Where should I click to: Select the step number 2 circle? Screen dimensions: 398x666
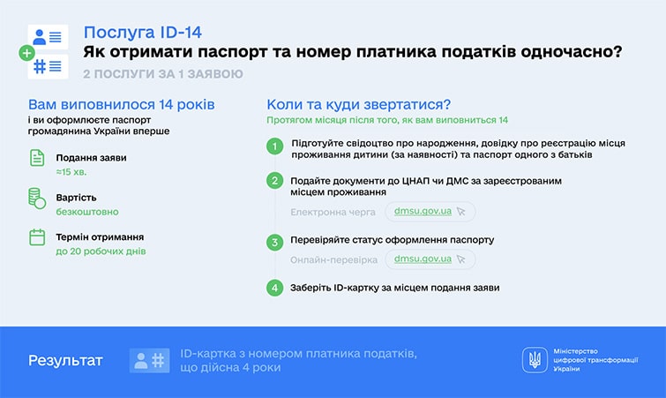click(275, 181)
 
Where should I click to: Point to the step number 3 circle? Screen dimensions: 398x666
click(275, 240)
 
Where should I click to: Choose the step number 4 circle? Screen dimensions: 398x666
click(275, 288)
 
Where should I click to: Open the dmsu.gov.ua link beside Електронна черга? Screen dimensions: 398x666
click(423, 212)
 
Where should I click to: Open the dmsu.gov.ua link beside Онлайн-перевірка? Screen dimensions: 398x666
click(423, 259)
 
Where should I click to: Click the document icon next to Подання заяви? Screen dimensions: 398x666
click(37, 159)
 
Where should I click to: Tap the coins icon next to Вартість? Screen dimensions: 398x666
click(37, 198)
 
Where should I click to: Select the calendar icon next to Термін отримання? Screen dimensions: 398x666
click(37, 237)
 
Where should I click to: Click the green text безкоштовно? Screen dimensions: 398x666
click(87, 212)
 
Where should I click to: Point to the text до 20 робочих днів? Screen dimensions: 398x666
click(101, 252)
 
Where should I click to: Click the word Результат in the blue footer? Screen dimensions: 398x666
click(65, 361)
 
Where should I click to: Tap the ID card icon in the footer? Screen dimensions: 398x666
click(149, 360)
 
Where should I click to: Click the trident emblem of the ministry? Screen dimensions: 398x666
click(535, 359)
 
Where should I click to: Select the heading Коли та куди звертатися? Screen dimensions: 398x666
click(359, 104)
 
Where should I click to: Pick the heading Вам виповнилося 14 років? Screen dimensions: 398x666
click(122, 104)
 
